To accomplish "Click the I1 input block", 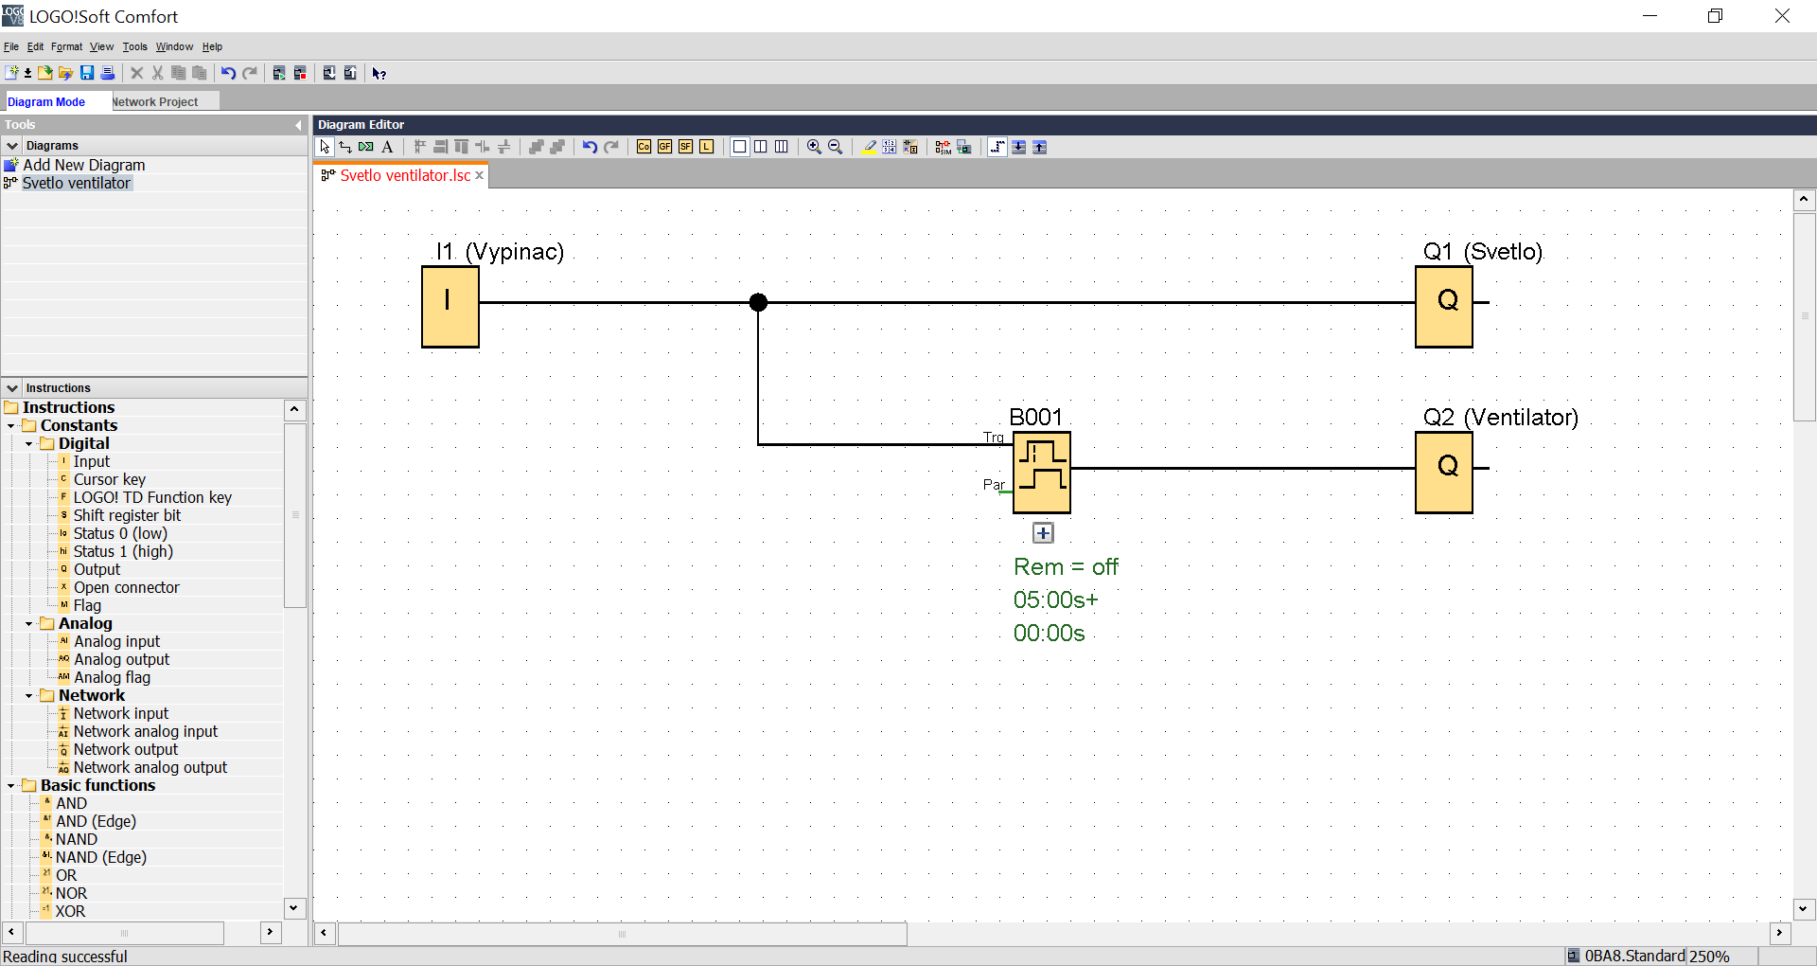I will [x=450, y=307].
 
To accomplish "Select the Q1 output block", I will [x=1443, y=307].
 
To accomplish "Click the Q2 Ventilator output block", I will [x=1443, y=473].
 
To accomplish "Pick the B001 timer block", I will [x=1041, y=473].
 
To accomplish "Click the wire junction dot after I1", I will [x=758, y=302].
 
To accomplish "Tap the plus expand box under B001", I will [x=1043, y=533].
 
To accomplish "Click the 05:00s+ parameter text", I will [x=1055, y=600].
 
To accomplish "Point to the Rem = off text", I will [x=1066, y=567].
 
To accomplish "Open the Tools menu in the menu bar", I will [x=134, y=46].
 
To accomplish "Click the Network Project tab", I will [x=156, y=101].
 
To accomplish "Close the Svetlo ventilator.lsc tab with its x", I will [x=480, y=175].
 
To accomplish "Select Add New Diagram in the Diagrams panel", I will [x=83, y=165].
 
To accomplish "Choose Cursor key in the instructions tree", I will [x=110, y=479].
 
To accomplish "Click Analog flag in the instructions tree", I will [x=112, y=677].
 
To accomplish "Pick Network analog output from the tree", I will [x=150, y=767].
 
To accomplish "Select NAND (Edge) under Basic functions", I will [x=101, y=857].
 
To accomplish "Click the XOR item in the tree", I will [x=70, y=911].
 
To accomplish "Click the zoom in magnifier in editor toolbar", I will [x=814, y=147].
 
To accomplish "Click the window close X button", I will [x=1782, y=16].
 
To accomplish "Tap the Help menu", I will [x=212, y=46].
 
